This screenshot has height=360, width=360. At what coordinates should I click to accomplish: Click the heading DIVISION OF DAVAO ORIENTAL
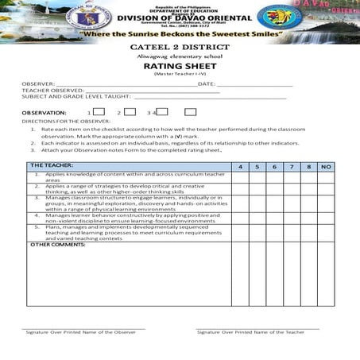(180, 18)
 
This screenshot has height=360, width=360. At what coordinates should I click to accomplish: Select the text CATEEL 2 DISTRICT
(179, 48)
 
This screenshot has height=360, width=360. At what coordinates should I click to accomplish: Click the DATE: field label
(206, 83)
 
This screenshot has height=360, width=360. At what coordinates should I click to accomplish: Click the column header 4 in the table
(240, 166)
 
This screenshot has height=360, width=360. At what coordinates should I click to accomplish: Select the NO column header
(326, 166)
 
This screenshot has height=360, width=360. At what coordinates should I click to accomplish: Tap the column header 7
(291, 166)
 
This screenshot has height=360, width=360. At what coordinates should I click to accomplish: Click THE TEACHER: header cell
(52, 165)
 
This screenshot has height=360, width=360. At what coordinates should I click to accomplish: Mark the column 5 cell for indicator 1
(257, 177)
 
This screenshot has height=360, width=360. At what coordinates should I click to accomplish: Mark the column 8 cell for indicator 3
(308, 203)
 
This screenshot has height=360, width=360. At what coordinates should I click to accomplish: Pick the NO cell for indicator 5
(326, 232)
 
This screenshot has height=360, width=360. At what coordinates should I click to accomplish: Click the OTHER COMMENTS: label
(57, 244)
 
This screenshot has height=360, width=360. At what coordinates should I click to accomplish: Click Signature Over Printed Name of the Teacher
(250, 331)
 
